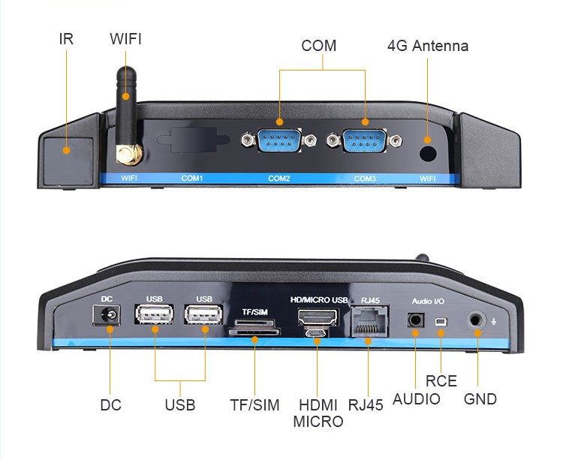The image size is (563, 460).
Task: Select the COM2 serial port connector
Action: (x=279, y=141)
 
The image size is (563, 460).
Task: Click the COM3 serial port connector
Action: (x=366, y=141)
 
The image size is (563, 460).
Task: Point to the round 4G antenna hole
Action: (x=428, y=152)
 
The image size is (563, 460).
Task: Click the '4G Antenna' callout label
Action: (x=428, y=46)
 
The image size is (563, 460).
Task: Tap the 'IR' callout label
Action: (x=66, y=39)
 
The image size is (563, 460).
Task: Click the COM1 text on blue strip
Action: (x=193, y=179)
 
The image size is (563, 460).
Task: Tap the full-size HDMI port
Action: (x=317, y=317)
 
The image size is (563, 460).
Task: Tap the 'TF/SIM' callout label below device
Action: (x=254, y=405)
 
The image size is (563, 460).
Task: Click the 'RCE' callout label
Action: (x=441, y=380)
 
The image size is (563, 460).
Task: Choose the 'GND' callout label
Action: (x=480, y=399)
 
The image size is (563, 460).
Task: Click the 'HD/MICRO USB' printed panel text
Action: (x=319, y=300)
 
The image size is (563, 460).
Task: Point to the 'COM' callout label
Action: (x=319, y=46)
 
